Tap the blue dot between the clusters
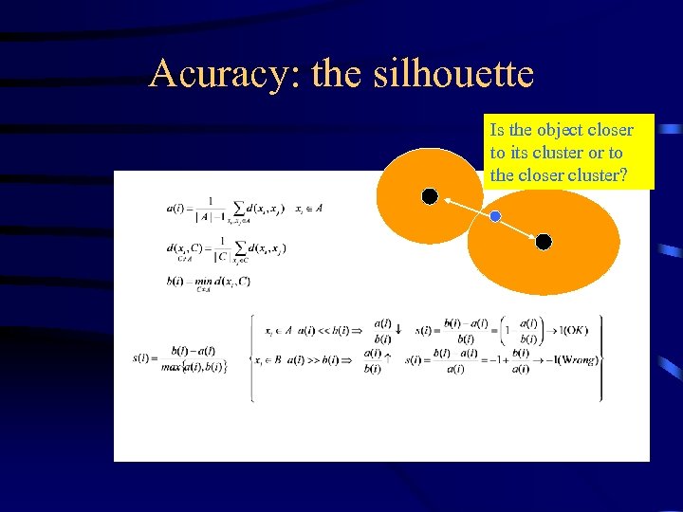[x=495, y=217]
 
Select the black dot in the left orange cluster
[x=430, y=196]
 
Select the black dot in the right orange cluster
[x=544, y=242]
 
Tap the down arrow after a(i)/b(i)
[x=398, y=330]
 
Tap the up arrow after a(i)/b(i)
[x=387, y=358]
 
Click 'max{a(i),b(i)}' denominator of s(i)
[x=194, y=367]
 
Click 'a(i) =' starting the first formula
[x=177, y=209]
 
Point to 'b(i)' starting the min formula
[x=175, y=281]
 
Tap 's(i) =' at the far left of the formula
[x=146, y=358]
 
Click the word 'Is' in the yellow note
[x=497, y=130]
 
